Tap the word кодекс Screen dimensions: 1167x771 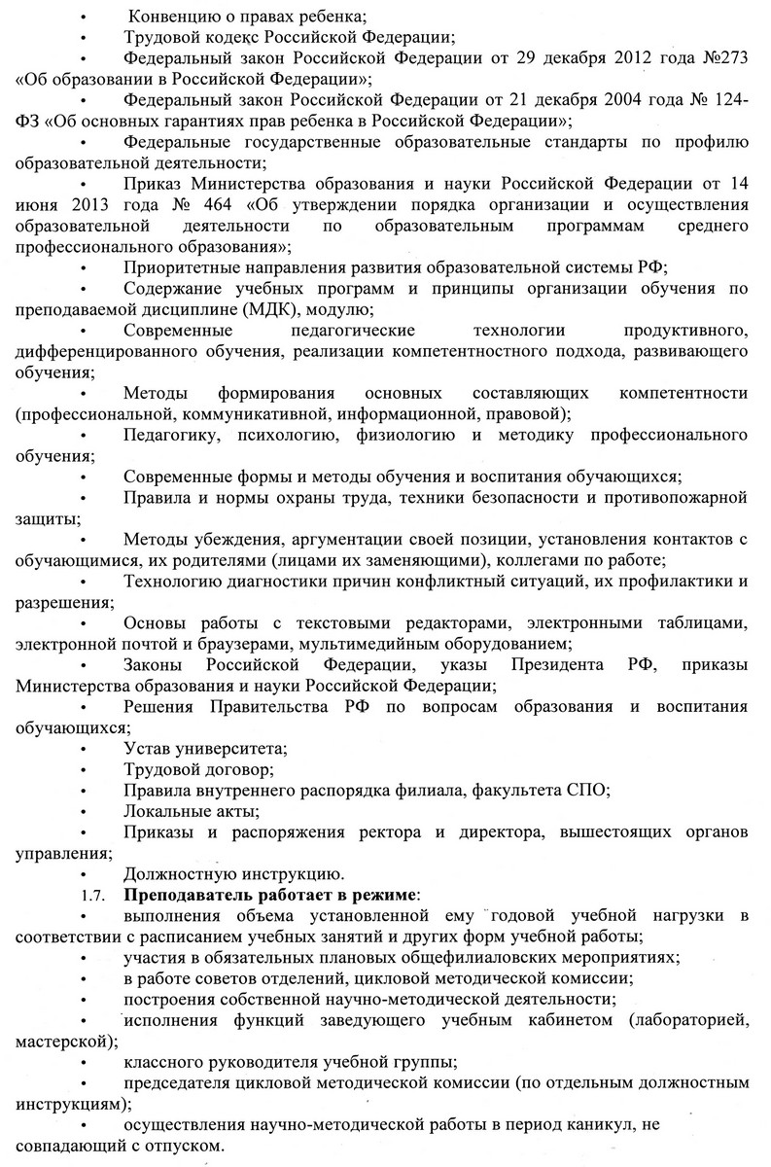pos(219,38)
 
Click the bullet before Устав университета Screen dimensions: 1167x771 pos(87,749)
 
